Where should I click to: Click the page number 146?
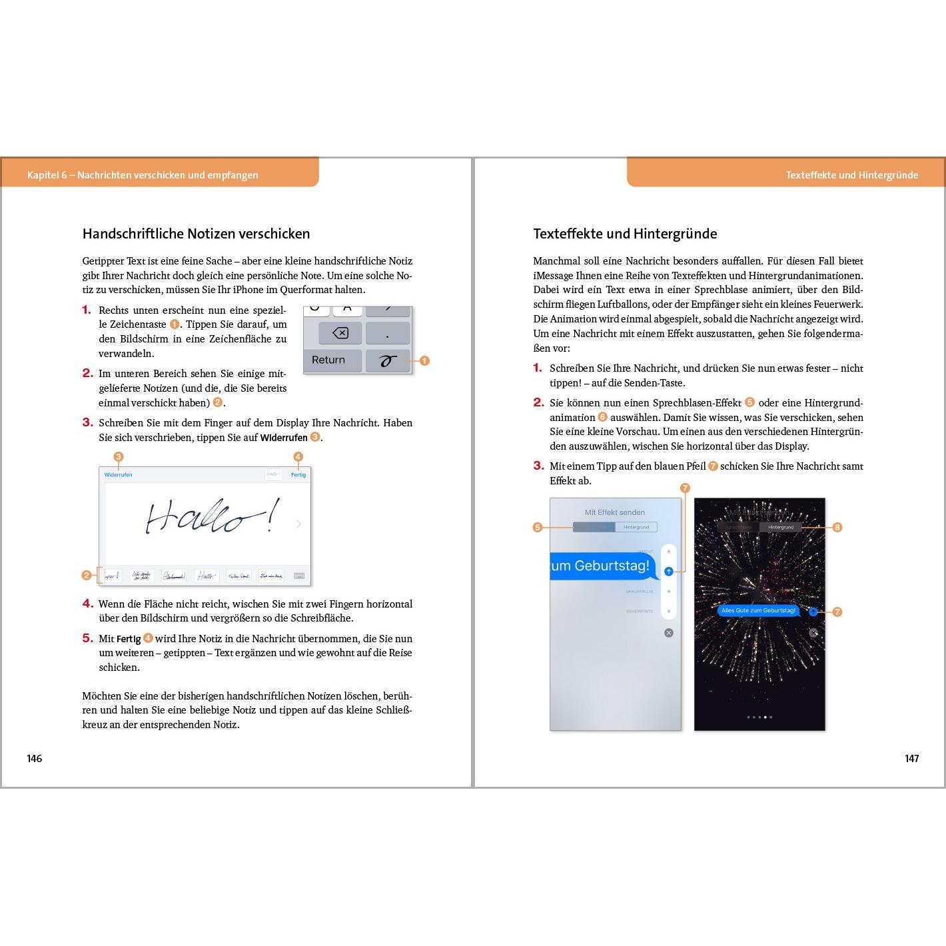point(35,758)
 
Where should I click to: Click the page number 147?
point(911,758)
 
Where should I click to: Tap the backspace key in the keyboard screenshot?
point(340,332)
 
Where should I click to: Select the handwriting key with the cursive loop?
point(388,360)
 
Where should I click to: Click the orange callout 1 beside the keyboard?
point(424,360)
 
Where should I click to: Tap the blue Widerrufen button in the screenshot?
point(118,474)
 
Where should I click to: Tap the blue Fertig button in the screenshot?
point(298,474)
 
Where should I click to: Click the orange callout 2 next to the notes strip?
point(87,575)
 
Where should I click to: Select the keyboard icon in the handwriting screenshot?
point(299,576)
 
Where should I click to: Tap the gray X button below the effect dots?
point(669,632)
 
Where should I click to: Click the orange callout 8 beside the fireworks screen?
point(837,527)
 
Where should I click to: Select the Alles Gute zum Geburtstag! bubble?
point(758,610)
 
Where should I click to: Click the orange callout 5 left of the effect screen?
point(538,527)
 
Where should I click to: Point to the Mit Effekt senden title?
point(614,512)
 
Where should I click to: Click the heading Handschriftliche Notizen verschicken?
point(196,234)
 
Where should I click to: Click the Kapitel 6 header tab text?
point(143,175)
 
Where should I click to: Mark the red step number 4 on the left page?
point(87,604)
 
